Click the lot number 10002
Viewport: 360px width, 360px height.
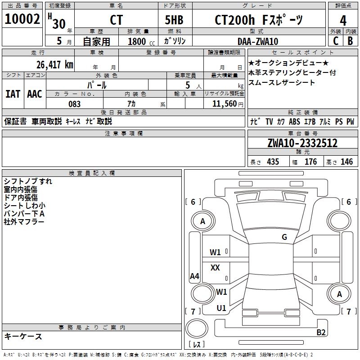click(x=22, y=20)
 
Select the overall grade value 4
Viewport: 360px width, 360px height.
click(x=343, y=21)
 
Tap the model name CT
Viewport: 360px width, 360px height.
click(x=116, y=20)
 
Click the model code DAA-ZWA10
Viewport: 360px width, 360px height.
click(x=258, y=41)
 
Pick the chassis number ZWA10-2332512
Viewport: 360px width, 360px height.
click(x=302, y=143)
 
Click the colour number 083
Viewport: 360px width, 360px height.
click(x=74, y=104)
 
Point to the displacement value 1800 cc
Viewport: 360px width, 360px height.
click(x=141, y=41)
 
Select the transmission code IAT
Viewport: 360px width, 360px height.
click(x=13, y=94)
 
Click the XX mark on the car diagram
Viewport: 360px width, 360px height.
click(x=215, y=268)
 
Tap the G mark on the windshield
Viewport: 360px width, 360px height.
click(x=284, y=237)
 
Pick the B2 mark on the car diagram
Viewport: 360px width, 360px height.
click(x=321, y=333)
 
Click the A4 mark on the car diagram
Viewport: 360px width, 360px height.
click(x=194, y=276)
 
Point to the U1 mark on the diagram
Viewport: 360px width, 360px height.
click(x=221, y=308)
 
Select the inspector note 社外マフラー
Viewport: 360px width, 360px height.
click(x=24, y=222)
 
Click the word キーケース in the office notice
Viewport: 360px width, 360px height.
click(x=23, y=336)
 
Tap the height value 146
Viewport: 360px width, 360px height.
click(x=346, y=162)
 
